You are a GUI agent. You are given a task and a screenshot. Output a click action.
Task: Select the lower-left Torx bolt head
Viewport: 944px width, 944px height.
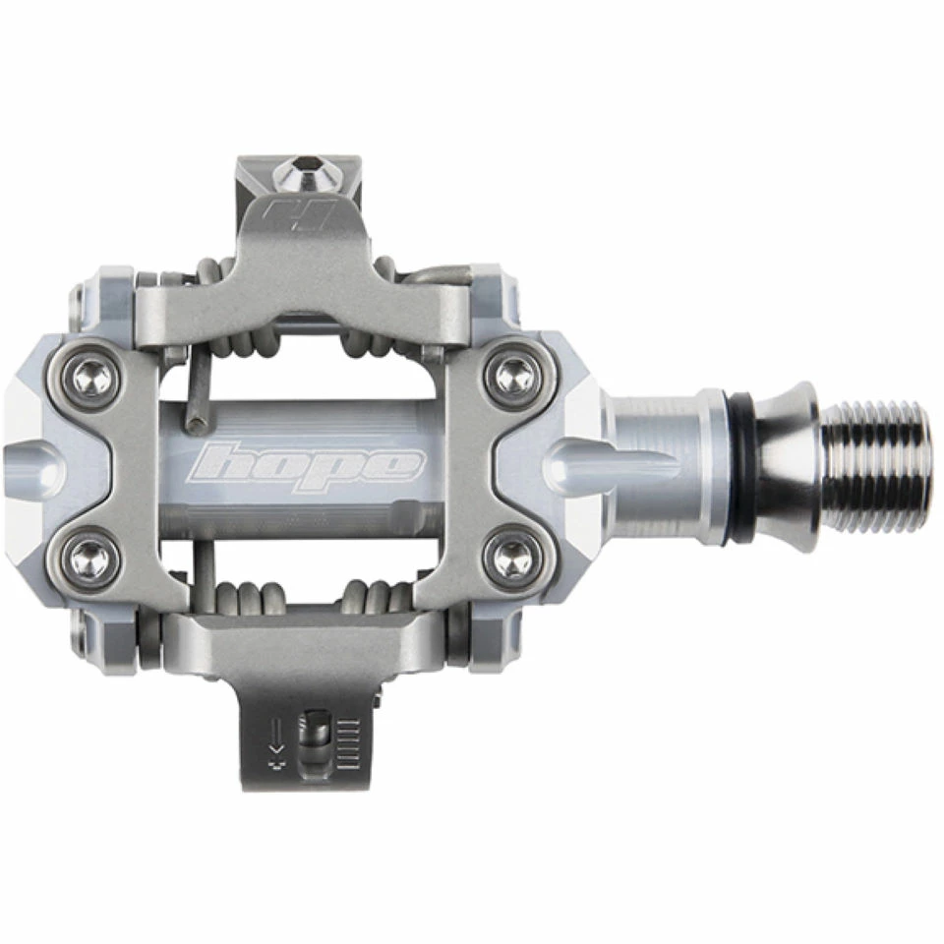92,558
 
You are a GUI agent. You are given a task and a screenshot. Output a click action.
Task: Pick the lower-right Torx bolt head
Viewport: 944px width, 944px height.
513,559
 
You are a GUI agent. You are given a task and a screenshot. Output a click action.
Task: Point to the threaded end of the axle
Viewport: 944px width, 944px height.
875,466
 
